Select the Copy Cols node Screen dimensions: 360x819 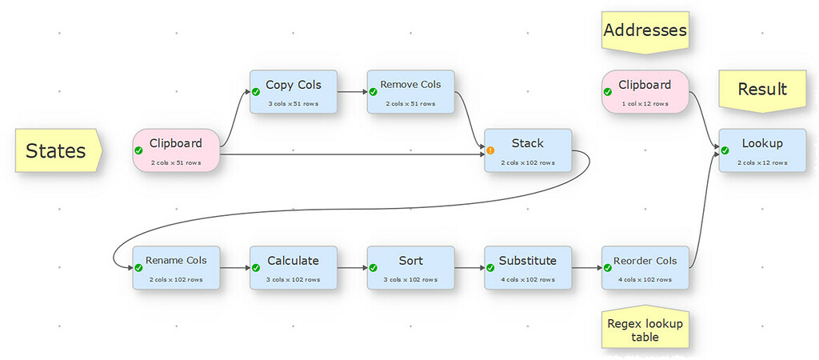tap(294, 91)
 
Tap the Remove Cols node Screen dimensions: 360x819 tap(410, 91)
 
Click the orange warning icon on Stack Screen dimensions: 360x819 tap(490, 150)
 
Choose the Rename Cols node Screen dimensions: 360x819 tap(176, 267)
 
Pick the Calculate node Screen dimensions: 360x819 tap(294, 267)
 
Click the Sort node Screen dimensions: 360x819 tap(410, 267)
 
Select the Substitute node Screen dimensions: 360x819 tap(528, 267)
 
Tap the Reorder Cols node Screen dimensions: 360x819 tap(645, 267)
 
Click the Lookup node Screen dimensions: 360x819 tap(761, 150)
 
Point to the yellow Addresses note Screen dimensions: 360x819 tap(645, 32)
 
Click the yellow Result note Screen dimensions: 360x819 tap(761, 90)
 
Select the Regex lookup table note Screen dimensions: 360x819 tap(645, 330)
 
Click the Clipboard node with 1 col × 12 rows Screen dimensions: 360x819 tap(645, 91)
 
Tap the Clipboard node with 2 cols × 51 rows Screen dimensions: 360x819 tap(176, 150)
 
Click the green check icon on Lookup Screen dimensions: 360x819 tap(725, 150)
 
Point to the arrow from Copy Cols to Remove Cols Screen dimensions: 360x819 tap(352, 91)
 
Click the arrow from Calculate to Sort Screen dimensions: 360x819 tap(352, 267)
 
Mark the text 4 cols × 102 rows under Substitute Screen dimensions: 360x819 tap(528, 279)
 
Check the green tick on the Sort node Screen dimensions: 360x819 tap(374, 267)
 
